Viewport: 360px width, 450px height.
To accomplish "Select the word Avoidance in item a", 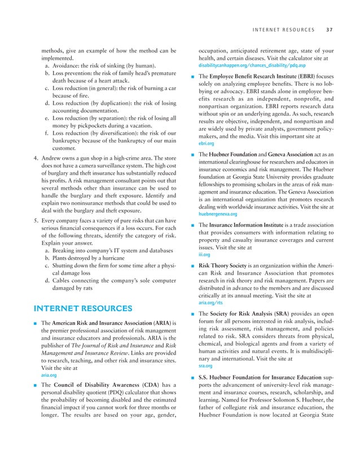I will point(67,66).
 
